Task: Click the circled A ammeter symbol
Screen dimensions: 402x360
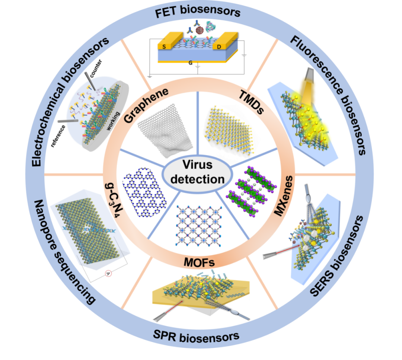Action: click(x=108, y=274)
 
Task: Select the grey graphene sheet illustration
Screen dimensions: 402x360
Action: click(x=166, y=127)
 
